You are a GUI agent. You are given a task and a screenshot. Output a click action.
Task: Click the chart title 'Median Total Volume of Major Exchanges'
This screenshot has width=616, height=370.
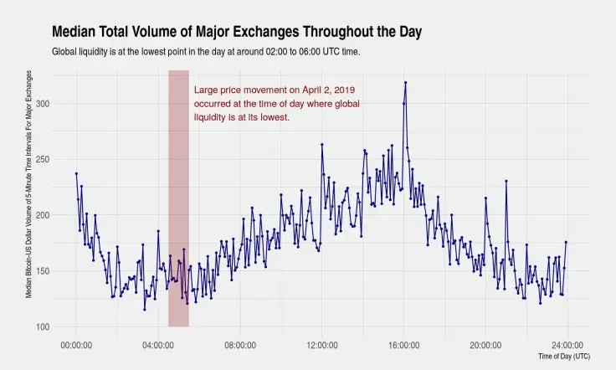[x=237, y=33]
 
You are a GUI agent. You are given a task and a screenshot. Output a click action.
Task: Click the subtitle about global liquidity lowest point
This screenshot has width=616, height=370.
[x=206, y=52]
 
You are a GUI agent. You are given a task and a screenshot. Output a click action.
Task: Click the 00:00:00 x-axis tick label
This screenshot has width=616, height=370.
[x=76, y=343]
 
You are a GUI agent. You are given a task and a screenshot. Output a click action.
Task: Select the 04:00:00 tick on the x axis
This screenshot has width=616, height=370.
[x=158, y=343]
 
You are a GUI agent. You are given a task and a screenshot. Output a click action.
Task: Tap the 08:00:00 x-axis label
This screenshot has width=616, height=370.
[x=240, y=343]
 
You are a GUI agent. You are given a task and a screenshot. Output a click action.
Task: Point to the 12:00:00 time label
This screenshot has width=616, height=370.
[x=322, y=343]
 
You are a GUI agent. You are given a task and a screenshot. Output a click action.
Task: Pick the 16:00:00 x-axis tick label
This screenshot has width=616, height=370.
[x=404, y=343]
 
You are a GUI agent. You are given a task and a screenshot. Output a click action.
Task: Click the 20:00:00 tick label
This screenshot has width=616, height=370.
[x=486, y=343]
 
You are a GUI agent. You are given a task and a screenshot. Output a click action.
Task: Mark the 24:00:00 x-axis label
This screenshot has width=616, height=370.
[x=567, y=343]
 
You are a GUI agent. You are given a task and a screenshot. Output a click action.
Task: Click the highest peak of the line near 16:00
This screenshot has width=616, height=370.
[x=405, y=82]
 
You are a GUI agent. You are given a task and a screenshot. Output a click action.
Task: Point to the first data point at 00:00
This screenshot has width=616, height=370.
[x=76, y=173]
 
